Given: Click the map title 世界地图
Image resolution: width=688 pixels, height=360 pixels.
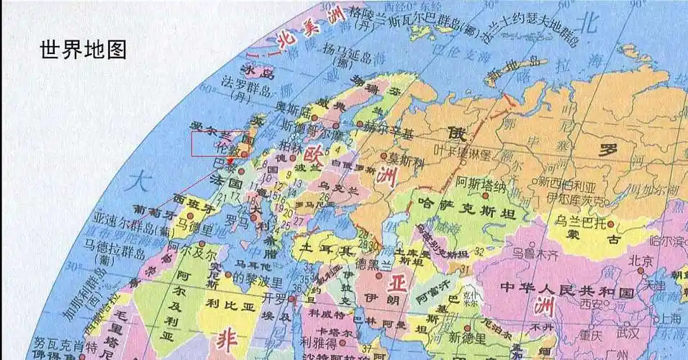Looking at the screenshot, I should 84,49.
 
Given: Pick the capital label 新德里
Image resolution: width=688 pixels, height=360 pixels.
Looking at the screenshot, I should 466,337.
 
